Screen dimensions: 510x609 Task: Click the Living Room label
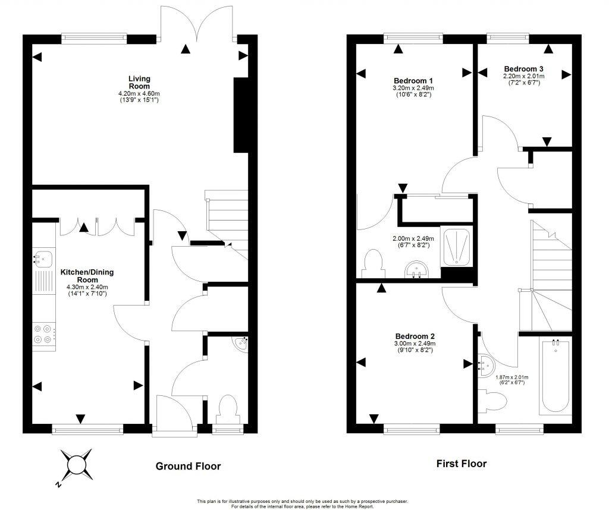click(140, 82)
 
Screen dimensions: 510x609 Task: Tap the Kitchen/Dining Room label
click(87, 276)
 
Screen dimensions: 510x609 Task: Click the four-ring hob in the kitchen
click(44, 334)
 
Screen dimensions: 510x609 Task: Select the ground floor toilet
click(228, 410)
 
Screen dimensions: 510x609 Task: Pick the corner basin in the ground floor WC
click(241, 342)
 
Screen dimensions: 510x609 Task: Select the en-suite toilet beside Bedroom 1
click(372, 262)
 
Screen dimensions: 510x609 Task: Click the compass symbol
click(76, 464)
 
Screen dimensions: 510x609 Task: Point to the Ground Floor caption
click(188, 466)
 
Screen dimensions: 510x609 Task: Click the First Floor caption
click(461, 464)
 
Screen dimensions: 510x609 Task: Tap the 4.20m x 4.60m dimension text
click(139, 94)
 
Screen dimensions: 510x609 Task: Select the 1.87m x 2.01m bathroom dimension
click(512, 377)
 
